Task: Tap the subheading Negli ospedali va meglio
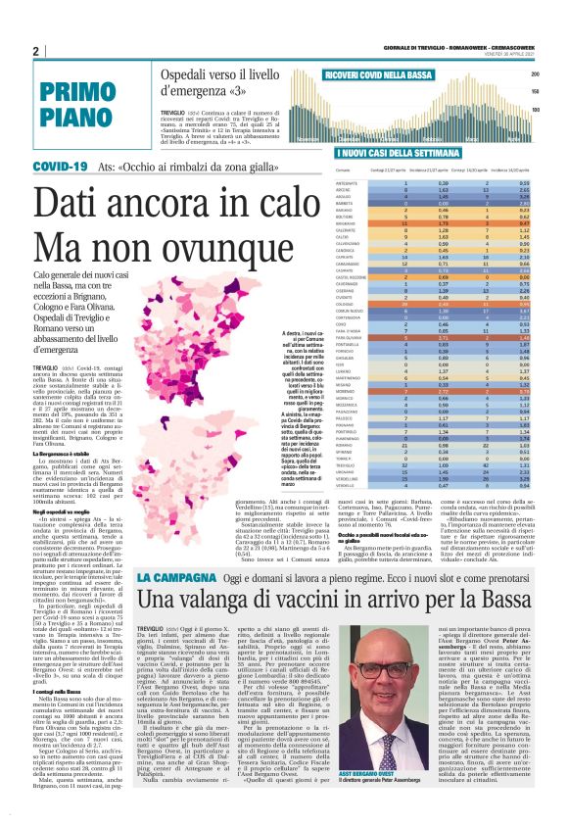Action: point(62,510)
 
